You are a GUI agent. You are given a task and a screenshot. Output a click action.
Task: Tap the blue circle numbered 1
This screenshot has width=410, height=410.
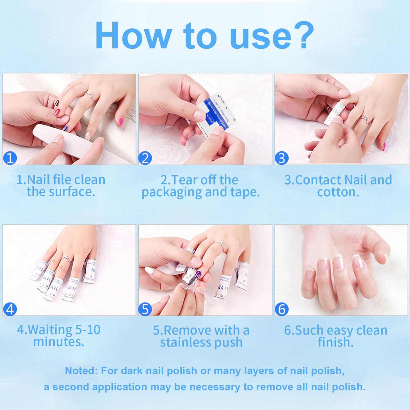pyautogui.click(x=10, y=158)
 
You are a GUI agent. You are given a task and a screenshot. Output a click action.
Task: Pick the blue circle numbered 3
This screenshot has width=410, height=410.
pyautogui.click(x=282, y=158)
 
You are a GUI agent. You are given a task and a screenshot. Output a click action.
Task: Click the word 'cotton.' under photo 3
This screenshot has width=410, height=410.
pyautogui.click(x=338, y=192)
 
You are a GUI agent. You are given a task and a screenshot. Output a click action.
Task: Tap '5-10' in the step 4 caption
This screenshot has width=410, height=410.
pyautogui.click(x=87, y=330)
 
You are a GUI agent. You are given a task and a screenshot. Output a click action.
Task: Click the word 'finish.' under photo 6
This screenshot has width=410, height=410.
pyautogui.click(x=335, y=342)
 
